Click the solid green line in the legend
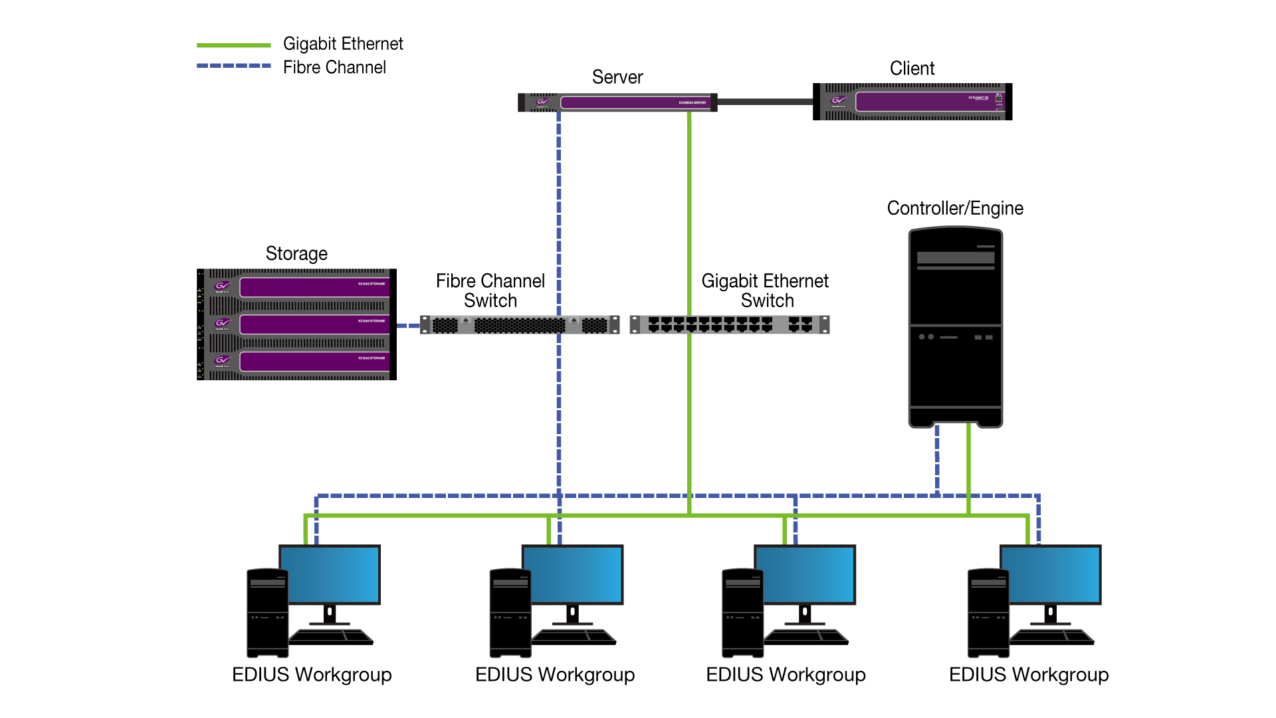[233, 46]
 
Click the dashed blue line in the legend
[233, 66]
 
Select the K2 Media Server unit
[635, 102]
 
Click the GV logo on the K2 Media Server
[543, 102]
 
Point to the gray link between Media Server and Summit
[765, 102]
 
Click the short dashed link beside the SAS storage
[407, 326]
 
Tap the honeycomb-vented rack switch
[520, 325]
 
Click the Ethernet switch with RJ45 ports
[711, 324]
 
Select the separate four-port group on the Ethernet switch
[800, 324]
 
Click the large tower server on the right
[955, 326]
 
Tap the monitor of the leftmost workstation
[330, 574]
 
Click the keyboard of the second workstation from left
[574, 636]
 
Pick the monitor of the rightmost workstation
[1051, 574]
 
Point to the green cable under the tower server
[968, 465]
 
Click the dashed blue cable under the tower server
[937, 459]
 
